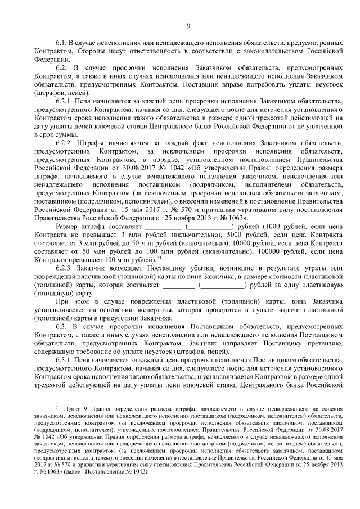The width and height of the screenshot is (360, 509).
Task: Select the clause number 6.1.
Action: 61,43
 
